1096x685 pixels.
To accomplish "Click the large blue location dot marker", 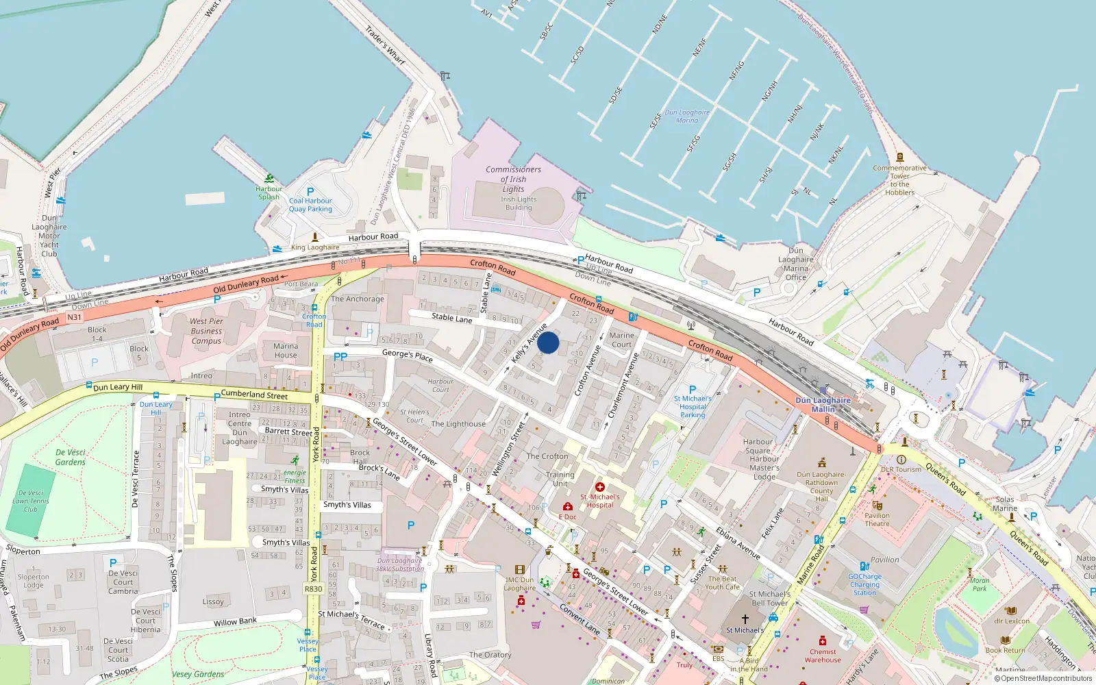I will pyautogui.click(x=548, y=342).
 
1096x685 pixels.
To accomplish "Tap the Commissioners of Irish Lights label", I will pyautogui.click(x=513, y=179).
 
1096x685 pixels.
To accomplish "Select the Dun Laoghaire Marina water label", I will pyautogui.click(x=687, y=116).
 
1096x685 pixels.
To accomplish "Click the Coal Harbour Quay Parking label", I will pyautogui.click(x=310, y=205).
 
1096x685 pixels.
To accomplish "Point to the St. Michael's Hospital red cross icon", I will pyautogui.click(x=600, y=487).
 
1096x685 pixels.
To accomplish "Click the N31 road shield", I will pyautogui.click(x=74, y=317).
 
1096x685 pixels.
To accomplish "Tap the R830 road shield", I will pyautogui.click(x=313, y=589).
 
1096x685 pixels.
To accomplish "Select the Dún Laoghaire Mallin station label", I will pyautogui.click(x=823, y=405).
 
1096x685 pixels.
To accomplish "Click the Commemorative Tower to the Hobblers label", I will pyautogui.click(x=899, y=180).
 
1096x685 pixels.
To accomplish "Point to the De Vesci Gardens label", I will pyautogui.click(x=71, y=458).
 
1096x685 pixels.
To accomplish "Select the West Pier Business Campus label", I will pyautogui.click(x=206, y=331).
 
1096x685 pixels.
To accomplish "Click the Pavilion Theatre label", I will pyautogui.click(x=877, y=520).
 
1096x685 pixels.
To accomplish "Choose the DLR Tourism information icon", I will pyautogui.click(x=901, y=460).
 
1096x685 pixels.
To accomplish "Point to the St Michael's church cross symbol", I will pyautogui.click(x=745, y=619).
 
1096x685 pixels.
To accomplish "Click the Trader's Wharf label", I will pyautogui.click(x=385, y=46).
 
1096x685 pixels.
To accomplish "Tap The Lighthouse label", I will pyautogui.click(x=458, y=424).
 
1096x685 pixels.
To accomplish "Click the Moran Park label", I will pyautogui.click(x=980, y=584).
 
